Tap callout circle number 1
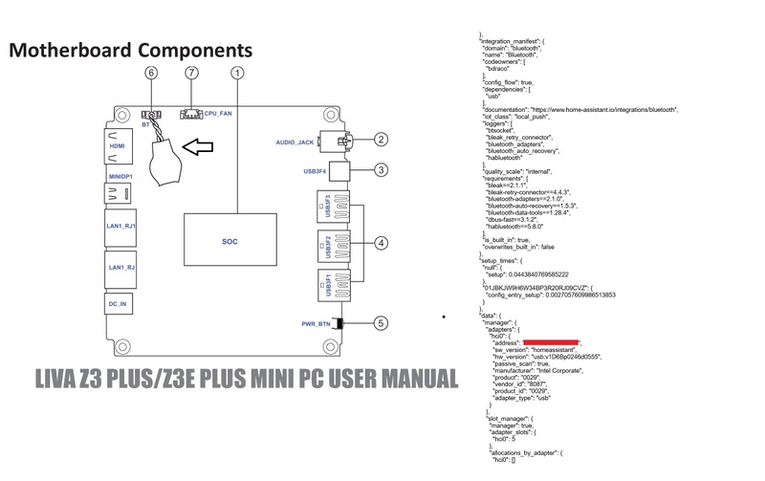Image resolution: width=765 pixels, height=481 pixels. pyautogui.click(x=238, y=72)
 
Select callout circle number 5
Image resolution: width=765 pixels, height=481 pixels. pyautogui.click(x=381, y=323)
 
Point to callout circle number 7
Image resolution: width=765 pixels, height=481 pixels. pyautogui.click(x=192, y=72)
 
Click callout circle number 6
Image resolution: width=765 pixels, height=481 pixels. pyautogui.click(x=150, y=72)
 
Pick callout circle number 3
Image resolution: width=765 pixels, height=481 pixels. pyautogui.click(x=381, y=171)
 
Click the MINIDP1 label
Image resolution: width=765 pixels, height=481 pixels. pyautogui.click(x=119, y=177)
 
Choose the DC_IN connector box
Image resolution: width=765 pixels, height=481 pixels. pyautogui.click(x=119, y=303)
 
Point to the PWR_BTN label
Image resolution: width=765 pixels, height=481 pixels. pyautogui.click(x=313, y=323)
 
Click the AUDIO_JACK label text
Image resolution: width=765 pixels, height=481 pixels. pyautogui.click(x=295, y=142)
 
